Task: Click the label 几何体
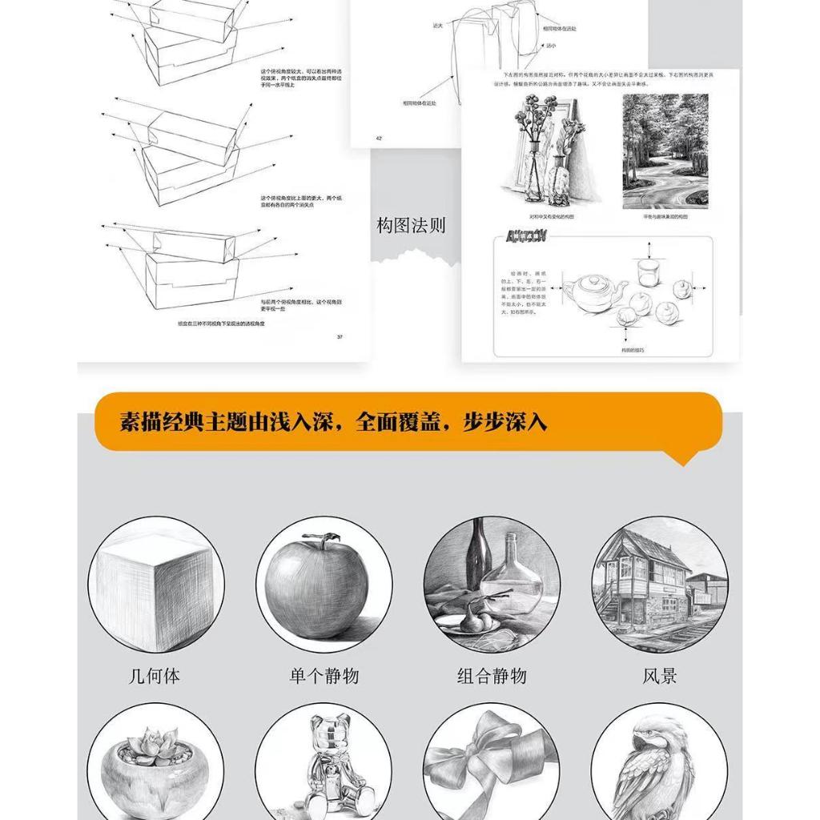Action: (x=155, y=676)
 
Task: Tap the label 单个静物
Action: (x=324, y=676)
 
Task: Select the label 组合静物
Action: (x=492, y=676)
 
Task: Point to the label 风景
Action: (x=660, y=676)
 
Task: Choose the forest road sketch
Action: (x=665, y=151)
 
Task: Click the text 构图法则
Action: (x=411, y=226)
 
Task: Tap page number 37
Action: (x=340, y=336)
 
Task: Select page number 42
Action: (x=379, y=139)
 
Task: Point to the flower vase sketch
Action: (x=553, y=152)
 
